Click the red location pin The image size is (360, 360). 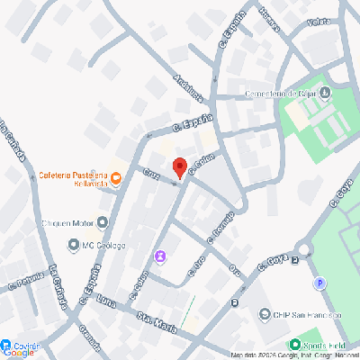click(x=179, y=167)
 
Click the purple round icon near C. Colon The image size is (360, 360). click(x=160, y=256)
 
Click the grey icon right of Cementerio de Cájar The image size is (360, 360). click(x=325, y=93)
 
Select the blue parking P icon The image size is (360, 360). click(x=319, y=283)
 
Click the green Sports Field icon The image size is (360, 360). click(x=293, y=345)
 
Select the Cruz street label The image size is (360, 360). click(x=151, y=175)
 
